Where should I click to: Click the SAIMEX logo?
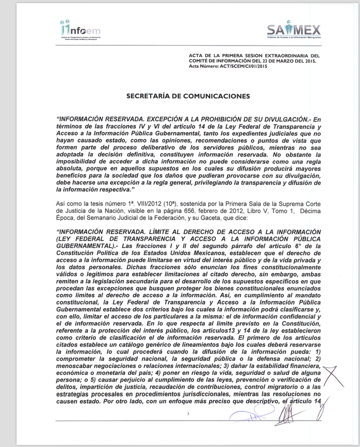click(293, 31)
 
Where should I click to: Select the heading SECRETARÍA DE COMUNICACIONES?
click(188, 96)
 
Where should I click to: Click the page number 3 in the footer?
click(189, 413)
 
